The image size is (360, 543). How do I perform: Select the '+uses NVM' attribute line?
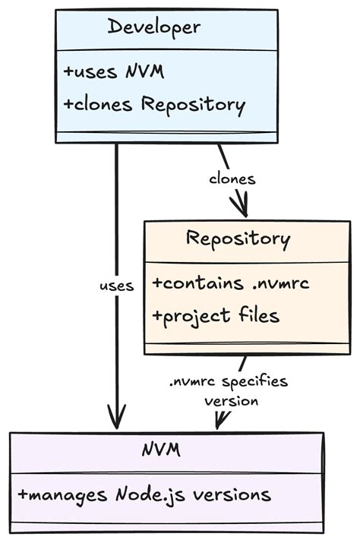click(115, 72)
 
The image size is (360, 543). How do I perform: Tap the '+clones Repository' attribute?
click(154, 105)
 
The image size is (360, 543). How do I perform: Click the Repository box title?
click(238, 239)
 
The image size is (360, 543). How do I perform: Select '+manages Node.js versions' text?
click(144, 494)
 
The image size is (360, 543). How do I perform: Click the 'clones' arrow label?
click(232, 179)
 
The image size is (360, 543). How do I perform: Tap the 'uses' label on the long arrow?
click(116, 286)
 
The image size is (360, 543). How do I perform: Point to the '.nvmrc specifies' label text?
click(228, 380)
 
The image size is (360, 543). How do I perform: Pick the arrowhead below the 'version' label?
click(220, 420)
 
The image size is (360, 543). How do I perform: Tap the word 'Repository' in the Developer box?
click(194, 105)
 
